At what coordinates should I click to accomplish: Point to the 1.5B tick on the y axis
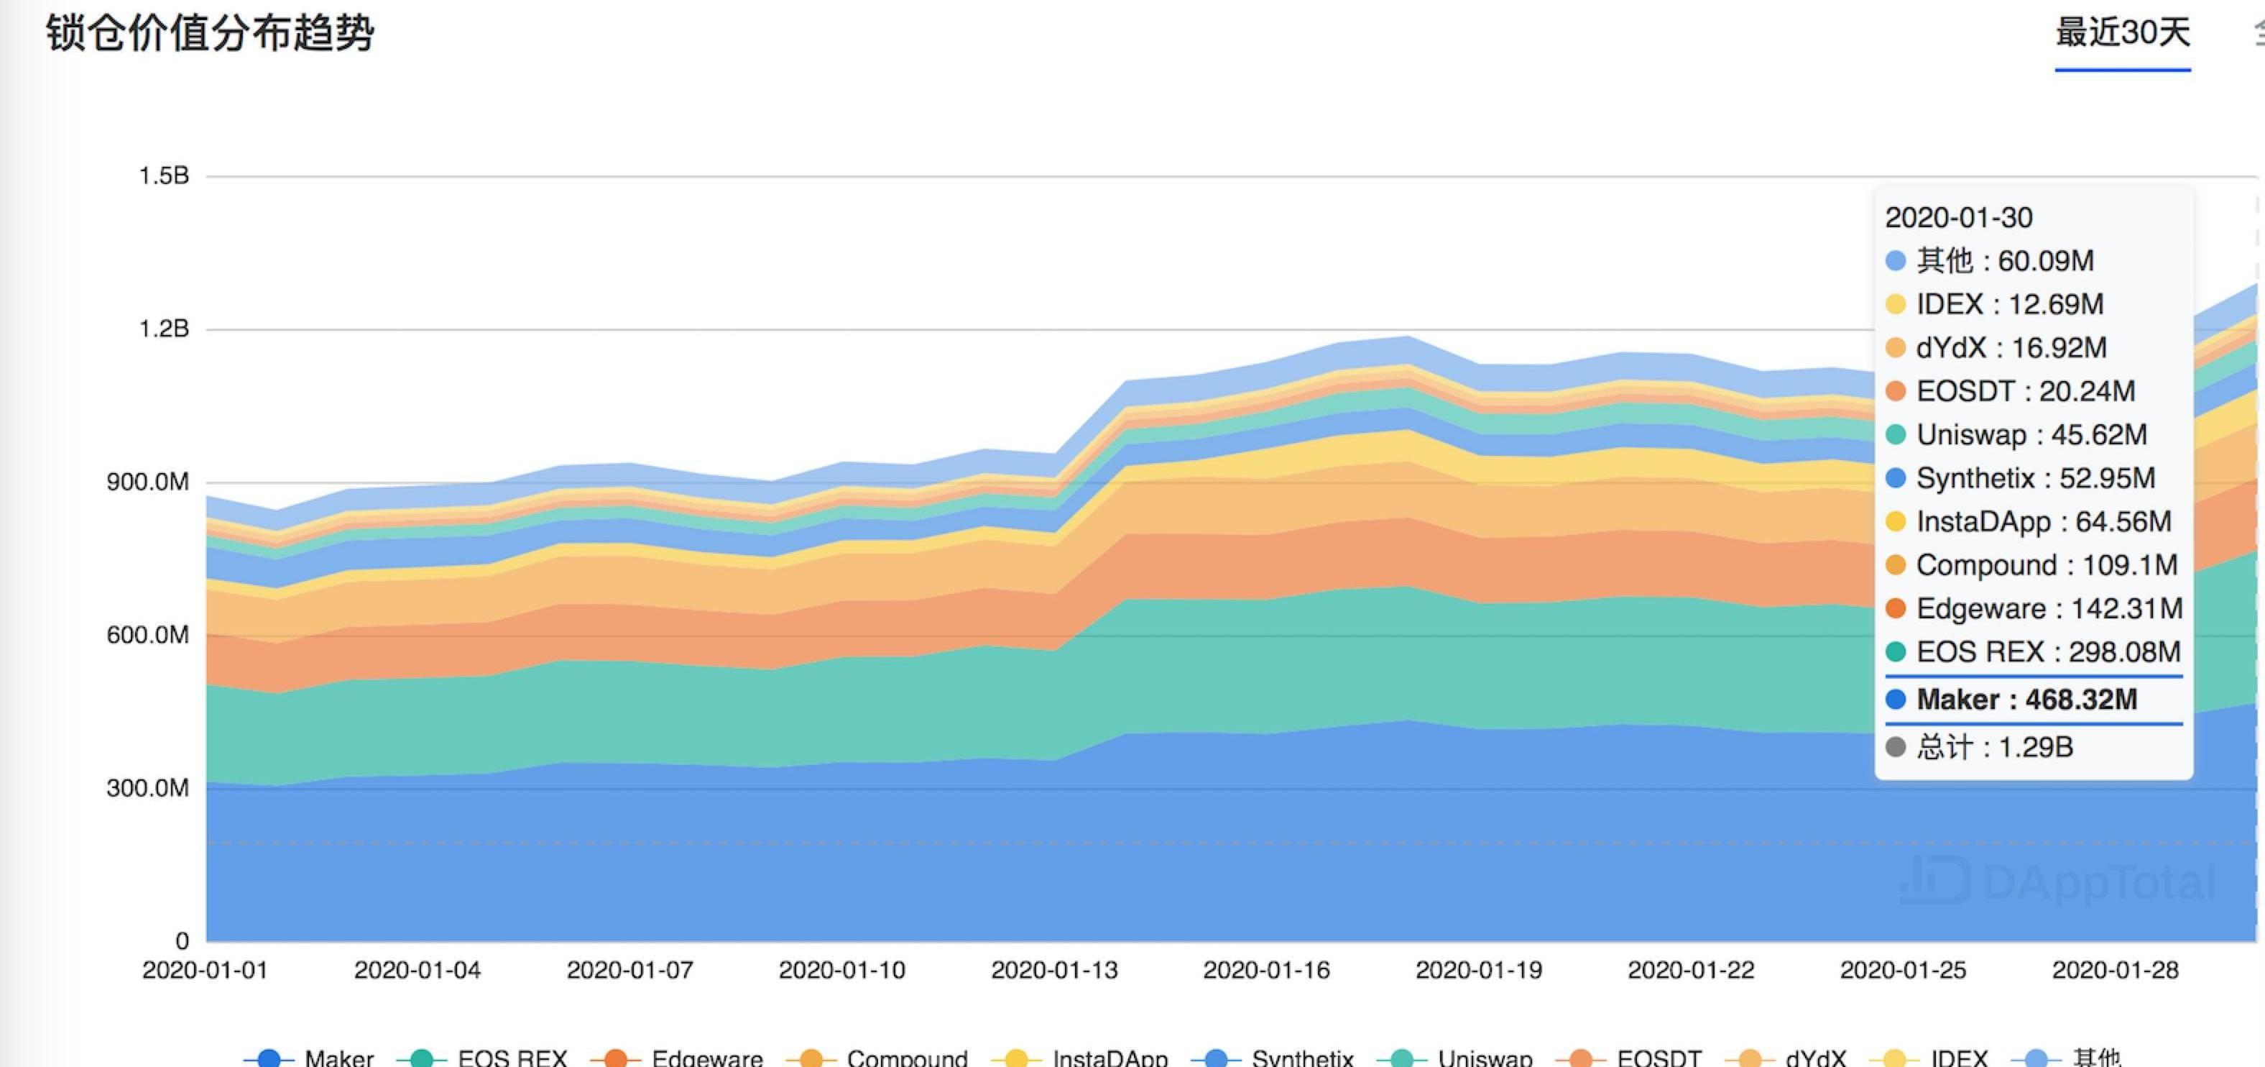tap(165, 176)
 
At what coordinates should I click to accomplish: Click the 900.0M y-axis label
tap(148, 482)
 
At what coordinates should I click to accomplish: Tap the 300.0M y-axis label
tap(148, 788)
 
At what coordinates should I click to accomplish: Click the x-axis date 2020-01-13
tap(1054, 970)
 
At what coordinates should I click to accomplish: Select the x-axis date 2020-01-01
tap(205, 970)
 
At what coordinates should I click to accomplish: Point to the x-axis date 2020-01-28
tap(2115, 970)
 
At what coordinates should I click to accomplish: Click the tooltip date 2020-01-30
tap(1959, 217)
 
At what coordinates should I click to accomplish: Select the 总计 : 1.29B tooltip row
tap(1994, 748)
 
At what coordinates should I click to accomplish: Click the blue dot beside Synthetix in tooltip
tap(1896, 479)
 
